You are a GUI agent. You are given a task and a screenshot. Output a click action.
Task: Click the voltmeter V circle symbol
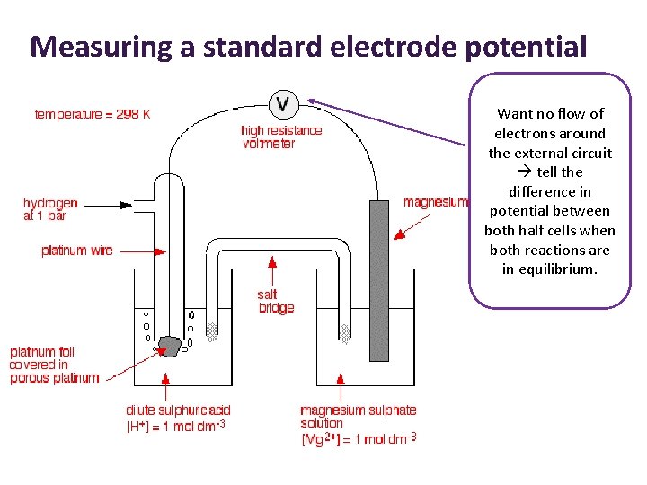(284, 104)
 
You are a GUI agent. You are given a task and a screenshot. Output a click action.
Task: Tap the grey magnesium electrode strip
(379, 278)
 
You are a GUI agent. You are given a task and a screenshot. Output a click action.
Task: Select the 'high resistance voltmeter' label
(281, 137)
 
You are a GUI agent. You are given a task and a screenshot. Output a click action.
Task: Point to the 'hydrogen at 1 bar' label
(50, 209)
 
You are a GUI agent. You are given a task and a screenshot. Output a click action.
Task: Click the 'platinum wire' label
(77, 251)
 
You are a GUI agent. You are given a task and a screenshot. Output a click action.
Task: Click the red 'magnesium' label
(435, 202)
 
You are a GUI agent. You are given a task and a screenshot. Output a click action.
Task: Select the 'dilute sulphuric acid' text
(178, 410)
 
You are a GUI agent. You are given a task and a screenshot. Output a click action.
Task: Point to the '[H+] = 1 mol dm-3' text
(175, 426)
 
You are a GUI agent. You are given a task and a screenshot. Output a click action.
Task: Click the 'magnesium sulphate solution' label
(358, 416)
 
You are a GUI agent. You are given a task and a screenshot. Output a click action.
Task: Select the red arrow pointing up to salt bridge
(271, 269)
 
